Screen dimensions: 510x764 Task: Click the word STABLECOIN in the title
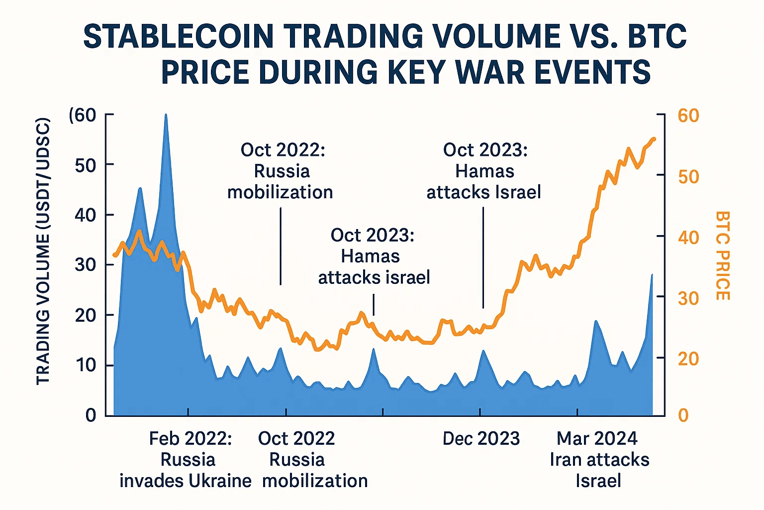[178, 36]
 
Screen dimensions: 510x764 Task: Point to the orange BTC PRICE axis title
[723, 255]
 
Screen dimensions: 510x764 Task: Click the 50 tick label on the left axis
[85, 165]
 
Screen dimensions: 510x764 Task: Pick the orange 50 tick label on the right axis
[688, 177]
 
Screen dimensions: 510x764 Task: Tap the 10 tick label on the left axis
[85, 365]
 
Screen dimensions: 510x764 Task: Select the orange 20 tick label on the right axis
[688, 359]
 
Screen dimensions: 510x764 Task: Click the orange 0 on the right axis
[683, 415]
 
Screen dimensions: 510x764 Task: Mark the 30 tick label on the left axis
[85, 264]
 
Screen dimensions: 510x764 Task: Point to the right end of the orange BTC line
[654, 139]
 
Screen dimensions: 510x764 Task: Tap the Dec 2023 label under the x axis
[481, 439]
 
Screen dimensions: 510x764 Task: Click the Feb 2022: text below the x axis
[190, 439]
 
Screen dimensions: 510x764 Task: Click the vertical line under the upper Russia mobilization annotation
[281, 246]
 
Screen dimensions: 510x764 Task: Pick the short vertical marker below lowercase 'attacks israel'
[374, 304]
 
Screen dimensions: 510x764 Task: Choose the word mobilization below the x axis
[315, 481]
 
